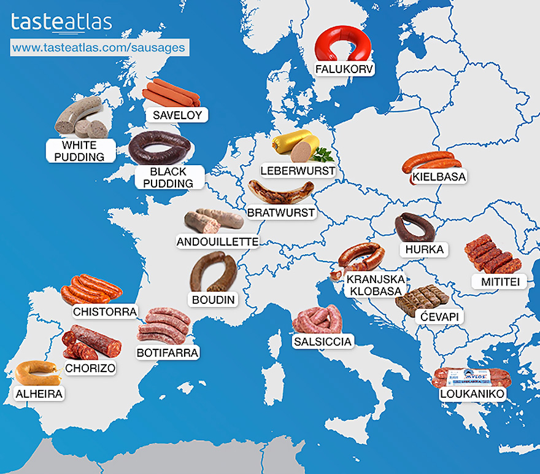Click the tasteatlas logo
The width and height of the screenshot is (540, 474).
pyautogui.click(x=61, y=23)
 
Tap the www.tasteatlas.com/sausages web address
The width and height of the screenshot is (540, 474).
pyautogui.click(x=98, y=47)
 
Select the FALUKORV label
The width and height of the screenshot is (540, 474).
pyautogui.click(x=344, y=69)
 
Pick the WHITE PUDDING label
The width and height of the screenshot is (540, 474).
pyautogui.click(x=79, y=151)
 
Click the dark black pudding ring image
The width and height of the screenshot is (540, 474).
pyautogui.click(x=160, y=147)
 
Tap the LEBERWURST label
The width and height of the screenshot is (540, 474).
pyautogui.click(x=298, y=170)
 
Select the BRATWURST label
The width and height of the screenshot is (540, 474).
pyautogui.click(x=281, y=213)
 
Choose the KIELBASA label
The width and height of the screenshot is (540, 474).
pyautogui.click(x=439, y=177)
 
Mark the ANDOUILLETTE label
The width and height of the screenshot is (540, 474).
pyautogui.click(x=217, y=241)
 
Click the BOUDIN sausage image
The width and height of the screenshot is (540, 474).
pyautogui.click(x=212, y=271)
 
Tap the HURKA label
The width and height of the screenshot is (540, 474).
pyautogui.click(x=423, y=250)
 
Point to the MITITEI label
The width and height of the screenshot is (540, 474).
pyautogui.click(x=496, y=281)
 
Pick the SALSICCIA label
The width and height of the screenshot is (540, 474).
pyautogui.click(x=323, y=341)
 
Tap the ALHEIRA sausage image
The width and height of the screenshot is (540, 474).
pyautogui.click(x=37, y=372)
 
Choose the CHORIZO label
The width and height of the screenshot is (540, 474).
pyautogui.click(x=90, y=368)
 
